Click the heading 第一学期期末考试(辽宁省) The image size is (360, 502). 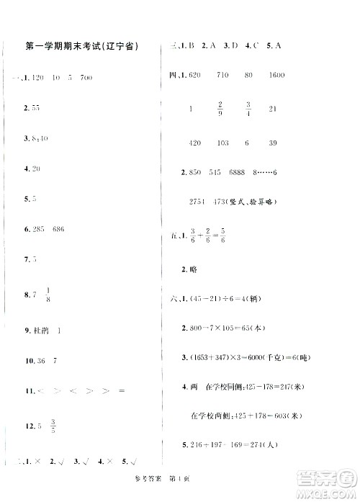coord(87,45)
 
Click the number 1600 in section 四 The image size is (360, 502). coord(276,76)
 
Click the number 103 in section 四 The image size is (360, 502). coord(221,143)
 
